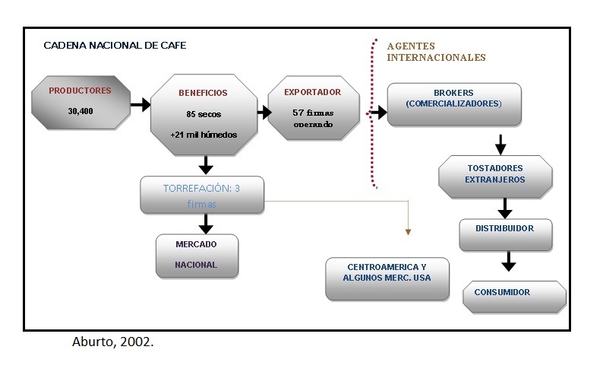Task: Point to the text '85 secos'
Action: pos(203,115)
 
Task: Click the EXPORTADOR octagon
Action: pos(312,108)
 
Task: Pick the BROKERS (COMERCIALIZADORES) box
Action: pos(453,104)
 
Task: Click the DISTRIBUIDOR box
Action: pos(504,234)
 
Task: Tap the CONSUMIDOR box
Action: pos(513,296)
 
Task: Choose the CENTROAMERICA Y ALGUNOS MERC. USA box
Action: pos(388,278)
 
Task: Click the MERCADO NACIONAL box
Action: pos(196,255)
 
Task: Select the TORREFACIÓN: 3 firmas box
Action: pos(202,195)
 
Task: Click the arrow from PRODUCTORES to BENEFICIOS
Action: pos(140,105)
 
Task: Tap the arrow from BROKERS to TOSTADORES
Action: pos(500,144)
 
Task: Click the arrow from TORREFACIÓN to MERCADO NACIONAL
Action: pos(204,223)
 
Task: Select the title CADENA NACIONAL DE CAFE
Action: pos(115,46)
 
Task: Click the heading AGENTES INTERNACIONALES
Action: pos(436,52)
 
